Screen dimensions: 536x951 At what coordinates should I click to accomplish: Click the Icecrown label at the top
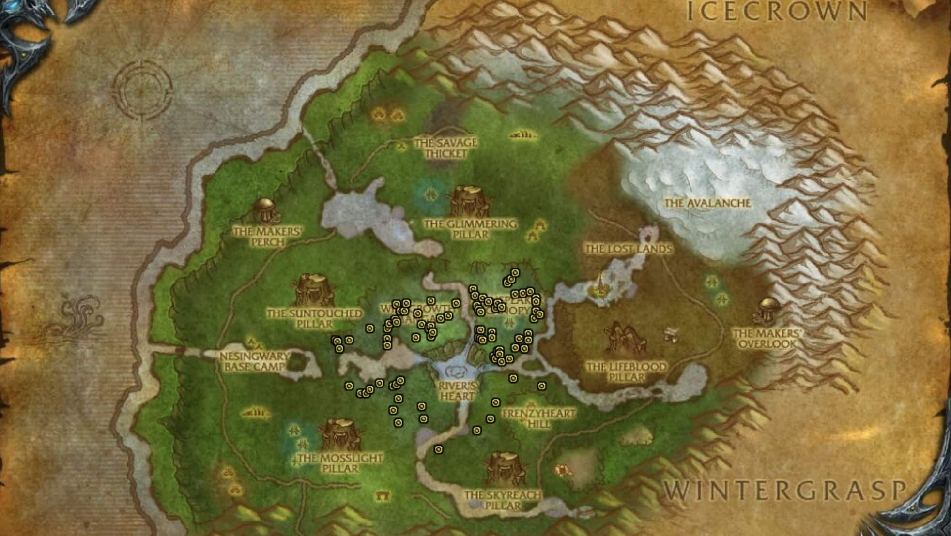pyautogui.click(x=777, y=12)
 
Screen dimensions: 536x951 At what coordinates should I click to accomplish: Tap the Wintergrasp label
pyautogui.click(x=784, y=491)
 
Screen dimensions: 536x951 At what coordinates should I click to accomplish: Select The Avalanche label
pyautogui.click(x=707, y=203)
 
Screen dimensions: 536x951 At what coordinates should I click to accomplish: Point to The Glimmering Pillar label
pyautogui.click(x=470, y=229)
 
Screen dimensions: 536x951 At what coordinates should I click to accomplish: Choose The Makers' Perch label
pyautogui.click(x=267, y=236)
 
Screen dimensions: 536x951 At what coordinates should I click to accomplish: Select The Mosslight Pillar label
pyautogui.click(x=340, y=463)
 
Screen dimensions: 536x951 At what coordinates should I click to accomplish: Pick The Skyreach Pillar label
pyautogui.click(x=502, y=500)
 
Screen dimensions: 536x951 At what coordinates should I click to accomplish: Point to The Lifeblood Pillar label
pyautogui.click(x=626, y=372)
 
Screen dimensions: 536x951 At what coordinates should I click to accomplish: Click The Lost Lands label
pyautogui.click(x=629, y=249)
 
